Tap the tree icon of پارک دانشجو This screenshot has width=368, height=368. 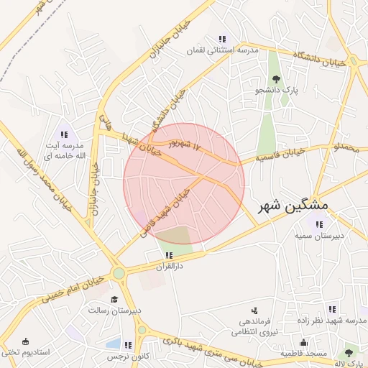click(275, 79)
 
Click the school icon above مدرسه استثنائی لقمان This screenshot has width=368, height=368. click(222, 39)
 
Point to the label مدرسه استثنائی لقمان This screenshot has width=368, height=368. click(222, 51)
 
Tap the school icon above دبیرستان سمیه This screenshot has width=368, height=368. click(319, 224)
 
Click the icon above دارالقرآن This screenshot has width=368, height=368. click(169, 254)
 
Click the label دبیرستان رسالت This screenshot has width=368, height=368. click(114, 310)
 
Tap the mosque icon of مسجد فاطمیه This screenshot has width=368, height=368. click(303, 342)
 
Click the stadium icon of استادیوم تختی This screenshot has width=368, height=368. click(26, 341)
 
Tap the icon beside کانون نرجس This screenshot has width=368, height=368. click(128, 345)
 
